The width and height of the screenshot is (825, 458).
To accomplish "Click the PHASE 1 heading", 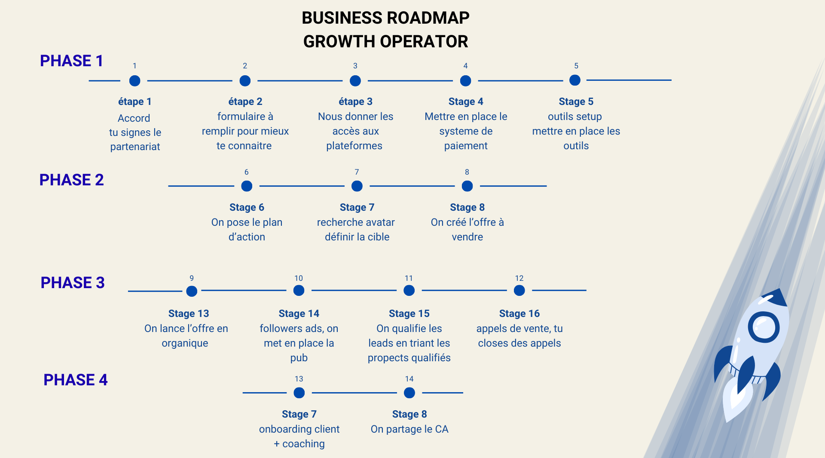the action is point(71,61).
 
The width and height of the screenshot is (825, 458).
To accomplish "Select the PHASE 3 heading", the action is point(73,283).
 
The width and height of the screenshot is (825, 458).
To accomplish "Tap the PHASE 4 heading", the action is point(76,380).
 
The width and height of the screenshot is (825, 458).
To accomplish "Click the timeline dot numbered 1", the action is point(134,80).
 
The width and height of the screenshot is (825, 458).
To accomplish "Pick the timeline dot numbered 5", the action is point(575,80).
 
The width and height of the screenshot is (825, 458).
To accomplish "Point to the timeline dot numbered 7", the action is point(357,186).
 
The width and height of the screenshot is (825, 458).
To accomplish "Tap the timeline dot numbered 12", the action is point(519,290).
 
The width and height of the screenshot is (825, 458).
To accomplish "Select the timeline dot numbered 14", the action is point(409,393).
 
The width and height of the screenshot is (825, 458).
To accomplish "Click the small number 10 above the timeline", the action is point(299,278).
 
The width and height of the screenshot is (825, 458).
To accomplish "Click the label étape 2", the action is point(245,101).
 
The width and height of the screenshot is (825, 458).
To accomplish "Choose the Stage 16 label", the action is point(519,314).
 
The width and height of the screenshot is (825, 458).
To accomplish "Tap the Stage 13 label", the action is point(189,314).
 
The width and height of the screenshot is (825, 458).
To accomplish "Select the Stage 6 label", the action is point(247,207).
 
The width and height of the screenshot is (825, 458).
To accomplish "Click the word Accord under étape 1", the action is point(134,118).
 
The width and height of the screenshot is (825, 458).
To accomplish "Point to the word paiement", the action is point(466,146).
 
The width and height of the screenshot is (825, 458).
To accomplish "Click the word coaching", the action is point(304,444).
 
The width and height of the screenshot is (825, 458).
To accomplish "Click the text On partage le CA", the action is point(409,429).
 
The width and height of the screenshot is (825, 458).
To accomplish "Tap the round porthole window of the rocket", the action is point(764,327).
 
